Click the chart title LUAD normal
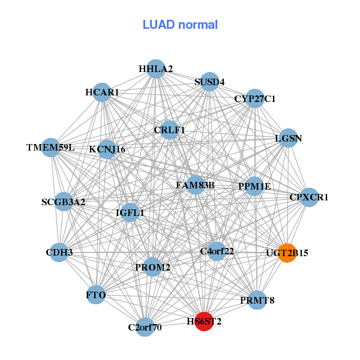(180, 25)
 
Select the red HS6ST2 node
(204, 322)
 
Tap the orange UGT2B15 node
(287, 253)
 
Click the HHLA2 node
(156, 69)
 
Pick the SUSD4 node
(209, 82)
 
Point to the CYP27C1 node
(255, 98)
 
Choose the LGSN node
(289, 138)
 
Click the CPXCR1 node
(308, 197)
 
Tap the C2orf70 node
(145, 327)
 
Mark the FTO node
(96, 295)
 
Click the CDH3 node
(59, 253)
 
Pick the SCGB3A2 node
(63, 202)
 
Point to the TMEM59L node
(50, 147)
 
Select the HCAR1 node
(102, 92)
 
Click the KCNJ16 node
(107, 149)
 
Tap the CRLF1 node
(169, 130)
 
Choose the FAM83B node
(195, 185)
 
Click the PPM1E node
(254, 186)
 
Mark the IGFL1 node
(130, 212)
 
